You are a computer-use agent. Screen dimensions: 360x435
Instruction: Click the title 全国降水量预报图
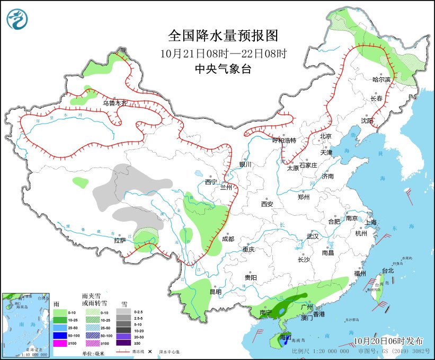[x=223, y=36]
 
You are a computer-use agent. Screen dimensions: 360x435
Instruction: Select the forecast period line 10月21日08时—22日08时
[x=223, y=53]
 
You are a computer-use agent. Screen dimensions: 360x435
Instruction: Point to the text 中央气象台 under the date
[x=223, y=68]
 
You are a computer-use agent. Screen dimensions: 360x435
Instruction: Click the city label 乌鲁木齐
[x=115, y=103]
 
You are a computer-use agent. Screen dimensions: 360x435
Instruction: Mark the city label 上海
[x=370, y=222]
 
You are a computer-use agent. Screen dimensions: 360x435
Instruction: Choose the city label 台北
[x=388, y=270]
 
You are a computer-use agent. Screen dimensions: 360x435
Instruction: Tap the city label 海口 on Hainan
[x=286, y=337]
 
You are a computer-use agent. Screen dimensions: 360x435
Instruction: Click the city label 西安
[x=267, y=204]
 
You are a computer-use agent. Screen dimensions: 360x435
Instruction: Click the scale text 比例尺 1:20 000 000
[x=321, y=351]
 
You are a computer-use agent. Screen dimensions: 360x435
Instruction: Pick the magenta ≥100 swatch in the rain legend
[x=60, y=344]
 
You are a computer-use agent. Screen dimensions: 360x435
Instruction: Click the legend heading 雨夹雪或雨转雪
[x=95, y=299]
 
